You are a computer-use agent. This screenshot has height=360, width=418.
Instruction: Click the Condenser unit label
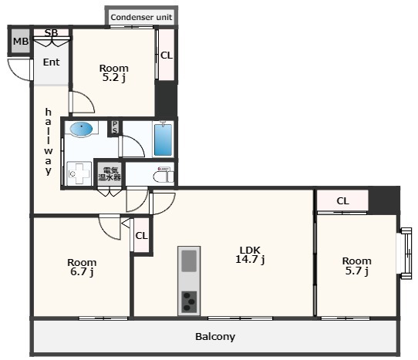click(x=141, y=17)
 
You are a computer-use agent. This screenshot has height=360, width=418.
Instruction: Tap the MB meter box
click(x=20, y=41)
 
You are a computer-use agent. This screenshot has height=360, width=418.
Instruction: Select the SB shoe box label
click(x=51, y=32)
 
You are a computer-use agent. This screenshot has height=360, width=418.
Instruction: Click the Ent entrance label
click(x=51, y=62)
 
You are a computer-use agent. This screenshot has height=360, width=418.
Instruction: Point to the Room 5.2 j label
click(x=114, y=72)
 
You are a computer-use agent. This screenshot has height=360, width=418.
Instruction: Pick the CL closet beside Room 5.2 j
click(x=167, y=55)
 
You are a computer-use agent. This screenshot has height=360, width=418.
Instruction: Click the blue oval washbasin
click(x=81, y=129)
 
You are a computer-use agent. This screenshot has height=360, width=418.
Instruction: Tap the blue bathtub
click(x=163, y=139)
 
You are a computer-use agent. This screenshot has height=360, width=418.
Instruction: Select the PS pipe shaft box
click(x=115, y=128)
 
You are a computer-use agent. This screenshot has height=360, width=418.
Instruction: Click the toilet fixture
click(x=163, y=175)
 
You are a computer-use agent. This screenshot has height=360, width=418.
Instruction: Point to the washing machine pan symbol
click(x=79, y=173)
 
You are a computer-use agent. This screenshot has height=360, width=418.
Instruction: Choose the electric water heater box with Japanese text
click(x=110, y=173)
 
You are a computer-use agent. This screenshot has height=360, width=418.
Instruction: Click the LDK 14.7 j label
click(x=250, y=255)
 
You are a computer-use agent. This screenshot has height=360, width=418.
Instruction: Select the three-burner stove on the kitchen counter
click(x=189, y=302)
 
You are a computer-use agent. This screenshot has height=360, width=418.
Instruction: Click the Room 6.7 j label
click(x=82, y=267)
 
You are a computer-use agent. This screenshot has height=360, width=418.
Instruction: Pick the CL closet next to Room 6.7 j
click(x=141, y=235)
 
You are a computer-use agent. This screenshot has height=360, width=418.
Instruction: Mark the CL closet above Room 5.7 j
click(x=342, y=200)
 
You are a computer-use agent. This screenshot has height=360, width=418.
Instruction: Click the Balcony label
click(x=215, y=337)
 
